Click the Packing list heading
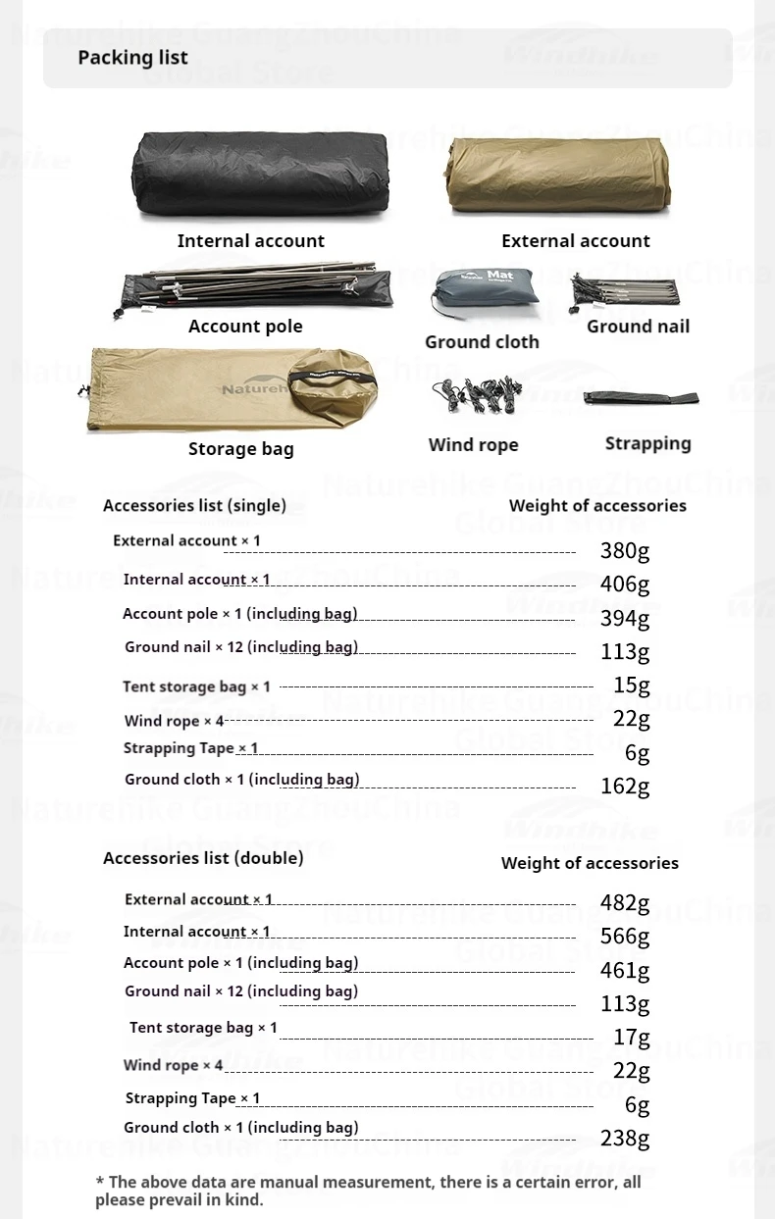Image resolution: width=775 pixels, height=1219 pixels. tap(132, 58)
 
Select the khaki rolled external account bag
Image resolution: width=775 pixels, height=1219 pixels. tap(558, 177)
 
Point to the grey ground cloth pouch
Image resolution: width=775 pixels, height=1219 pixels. tap(483, 293)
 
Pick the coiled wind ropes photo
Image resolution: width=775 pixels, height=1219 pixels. tap(474, 395)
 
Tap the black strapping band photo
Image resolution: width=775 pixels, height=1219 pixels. tap(641, 398)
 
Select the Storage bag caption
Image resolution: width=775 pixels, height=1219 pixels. tap(241, 449)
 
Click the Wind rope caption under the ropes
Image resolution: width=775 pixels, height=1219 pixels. tap(473, 445)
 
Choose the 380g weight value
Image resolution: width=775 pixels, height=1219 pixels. tap(625, 551)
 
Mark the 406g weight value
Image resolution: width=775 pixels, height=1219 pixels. tap(625, 584)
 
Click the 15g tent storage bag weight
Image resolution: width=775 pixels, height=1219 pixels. tap(631, 685)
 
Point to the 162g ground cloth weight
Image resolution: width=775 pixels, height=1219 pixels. tap(625, 786)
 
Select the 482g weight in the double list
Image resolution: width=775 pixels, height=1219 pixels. tap(625, 903)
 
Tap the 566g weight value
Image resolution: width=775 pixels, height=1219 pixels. tap(625, 937)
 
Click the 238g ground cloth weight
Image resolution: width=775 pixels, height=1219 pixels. tap(625, 1138)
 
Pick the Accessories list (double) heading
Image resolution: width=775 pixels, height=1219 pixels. tap(203, 858)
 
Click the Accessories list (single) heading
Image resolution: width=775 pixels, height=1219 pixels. tap(194, 506)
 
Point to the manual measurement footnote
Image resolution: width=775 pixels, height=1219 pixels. tap(368, 1191)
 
